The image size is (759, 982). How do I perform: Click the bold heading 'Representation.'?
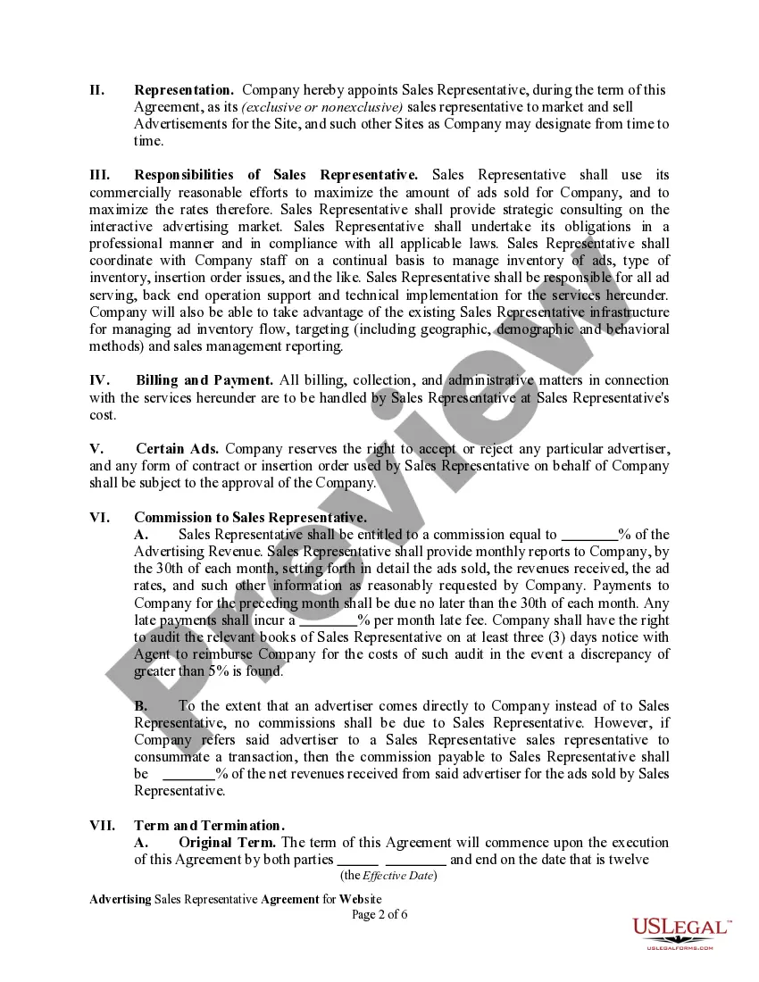pyautogui.click(x=184, y=90)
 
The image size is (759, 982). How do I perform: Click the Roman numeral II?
pyautogui.click(x=97, y=90)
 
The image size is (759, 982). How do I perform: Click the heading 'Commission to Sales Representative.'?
pyautogui.click(x=250, y=518)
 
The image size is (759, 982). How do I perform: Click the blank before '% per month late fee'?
pyautogui.click(x=328, y=620)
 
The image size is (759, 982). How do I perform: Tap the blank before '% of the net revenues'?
pyautogui.click(x=188, y=774)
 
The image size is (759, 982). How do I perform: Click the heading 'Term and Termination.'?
pyautogui.click(x=209, y=826)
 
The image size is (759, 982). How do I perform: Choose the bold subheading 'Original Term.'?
pyautogui.click(x=227, y=843)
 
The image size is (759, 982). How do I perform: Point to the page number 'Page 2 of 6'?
pyautogui.click(x=379, y=914)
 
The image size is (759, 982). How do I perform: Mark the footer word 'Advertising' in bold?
pyautogui.click(x=120, y=898)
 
